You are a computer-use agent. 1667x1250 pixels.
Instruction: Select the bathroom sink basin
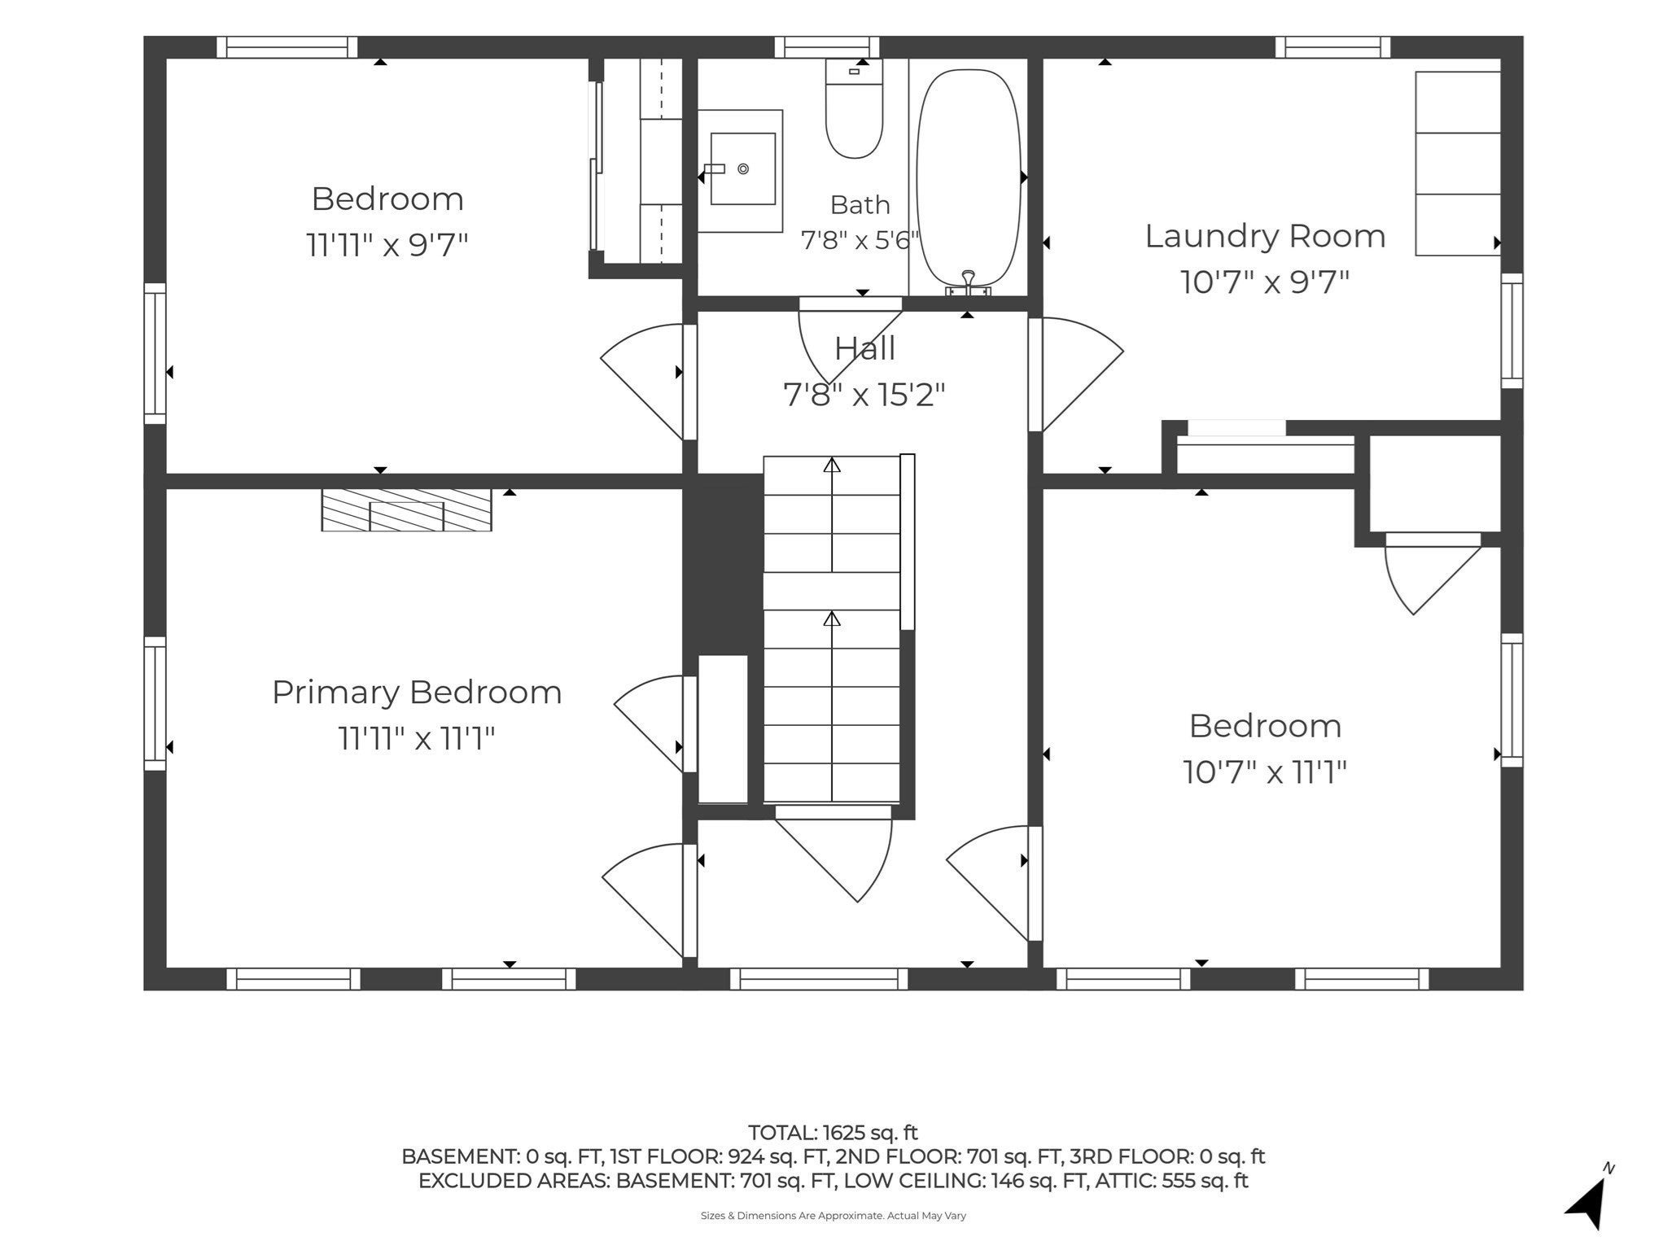742,169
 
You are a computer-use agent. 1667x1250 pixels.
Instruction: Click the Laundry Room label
1265,236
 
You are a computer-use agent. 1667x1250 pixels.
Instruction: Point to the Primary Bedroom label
417,693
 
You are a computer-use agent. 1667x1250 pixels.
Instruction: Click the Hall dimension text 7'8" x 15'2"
864,396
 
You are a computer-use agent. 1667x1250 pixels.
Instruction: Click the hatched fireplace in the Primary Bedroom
407,510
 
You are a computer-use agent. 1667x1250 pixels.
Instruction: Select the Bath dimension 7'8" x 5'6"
860,241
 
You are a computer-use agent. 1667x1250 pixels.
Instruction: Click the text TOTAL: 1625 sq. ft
833,1133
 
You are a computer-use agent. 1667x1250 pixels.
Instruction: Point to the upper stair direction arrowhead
832,465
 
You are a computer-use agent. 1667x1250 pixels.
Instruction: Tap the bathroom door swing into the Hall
847,342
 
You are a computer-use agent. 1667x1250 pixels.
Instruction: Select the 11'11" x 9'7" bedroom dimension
387,245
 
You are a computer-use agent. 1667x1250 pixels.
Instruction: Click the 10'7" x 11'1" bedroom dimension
1265,772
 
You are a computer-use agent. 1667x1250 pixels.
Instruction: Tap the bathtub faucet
969,282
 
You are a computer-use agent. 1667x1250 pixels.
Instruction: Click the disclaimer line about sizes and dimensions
833,1216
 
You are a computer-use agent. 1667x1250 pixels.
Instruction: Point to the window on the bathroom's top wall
827,47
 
